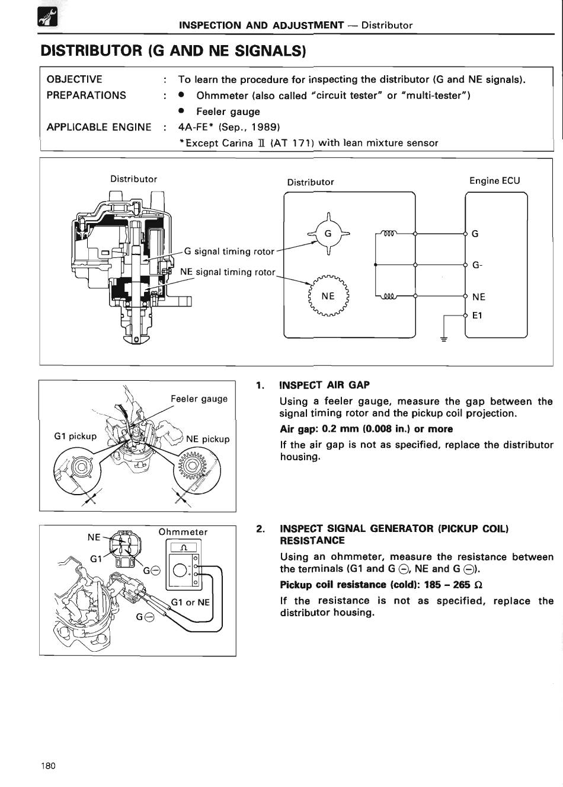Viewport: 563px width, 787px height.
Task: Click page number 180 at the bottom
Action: coord(49,766)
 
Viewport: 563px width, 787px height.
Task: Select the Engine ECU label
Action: coord(494,181)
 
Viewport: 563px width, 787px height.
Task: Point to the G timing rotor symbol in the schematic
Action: coord(328,234)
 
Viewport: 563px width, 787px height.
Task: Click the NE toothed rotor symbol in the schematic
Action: coord(328,296)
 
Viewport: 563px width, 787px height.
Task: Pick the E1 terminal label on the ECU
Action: coord(477,316)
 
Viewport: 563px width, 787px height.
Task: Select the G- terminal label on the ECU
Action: coord(477,266)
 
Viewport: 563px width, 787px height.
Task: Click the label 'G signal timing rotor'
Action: coord(229,251)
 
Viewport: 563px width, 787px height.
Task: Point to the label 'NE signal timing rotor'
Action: coord(228,272)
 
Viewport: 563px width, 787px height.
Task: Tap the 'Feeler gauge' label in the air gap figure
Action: coord(199,399)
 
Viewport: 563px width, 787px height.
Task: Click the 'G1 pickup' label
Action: coord(75,436)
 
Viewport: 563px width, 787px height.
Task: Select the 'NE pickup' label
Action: coord(207,439)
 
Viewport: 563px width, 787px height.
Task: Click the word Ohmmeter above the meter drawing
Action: coord(183,532)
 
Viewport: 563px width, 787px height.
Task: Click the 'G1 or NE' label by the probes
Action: coord(190,602)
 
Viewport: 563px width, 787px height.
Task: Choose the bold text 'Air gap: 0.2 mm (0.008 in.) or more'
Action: coord(366,429)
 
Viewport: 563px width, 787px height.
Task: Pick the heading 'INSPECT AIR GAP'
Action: coord(324,385)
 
